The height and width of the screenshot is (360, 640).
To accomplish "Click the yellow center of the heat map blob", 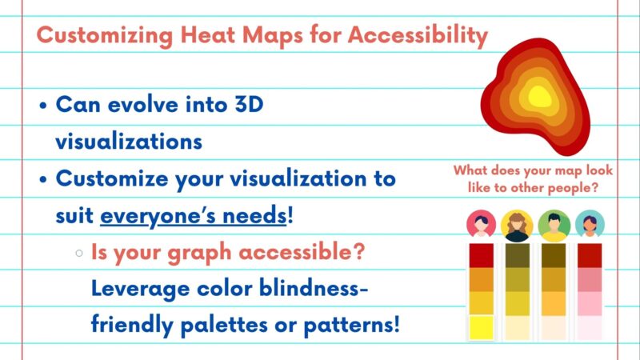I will [x=539, y=97].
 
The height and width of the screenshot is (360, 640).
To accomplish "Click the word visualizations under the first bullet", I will [x=128, y=142].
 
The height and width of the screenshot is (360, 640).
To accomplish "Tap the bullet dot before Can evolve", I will [x=42, y=106].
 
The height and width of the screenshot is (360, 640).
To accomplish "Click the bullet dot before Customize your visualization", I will [x=42, y=179].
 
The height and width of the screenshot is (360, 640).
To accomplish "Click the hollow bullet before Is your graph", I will [x=78, y=253].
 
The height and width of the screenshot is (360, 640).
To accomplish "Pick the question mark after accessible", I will [x=360, y=252].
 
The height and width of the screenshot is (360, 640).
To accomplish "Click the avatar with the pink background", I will [x=481, y=224].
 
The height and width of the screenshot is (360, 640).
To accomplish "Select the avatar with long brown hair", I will [x=517, y=225].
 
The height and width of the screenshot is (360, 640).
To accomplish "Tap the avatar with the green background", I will [x=554, y=224].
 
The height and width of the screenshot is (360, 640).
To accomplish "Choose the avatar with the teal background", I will [x=590, y=224].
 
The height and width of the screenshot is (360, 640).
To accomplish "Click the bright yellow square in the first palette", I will [x=481, y=327].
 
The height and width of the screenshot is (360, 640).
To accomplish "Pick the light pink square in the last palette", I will [x=590, y=303].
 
